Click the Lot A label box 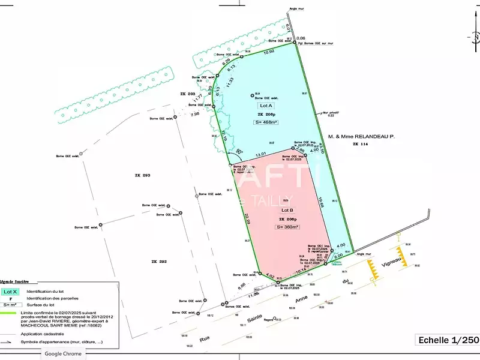266,105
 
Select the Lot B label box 287,211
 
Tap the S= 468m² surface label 266,122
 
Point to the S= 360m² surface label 287,227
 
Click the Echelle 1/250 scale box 447,340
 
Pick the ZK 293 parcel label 142,175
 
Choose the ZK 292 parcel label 142,262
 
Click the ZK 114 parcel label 360,145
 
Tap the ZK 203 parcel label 188,95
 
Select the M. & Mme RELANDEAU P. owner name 366,137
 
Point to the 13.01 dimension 260,155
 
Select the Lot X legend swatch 10,292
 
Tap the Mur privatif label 331,112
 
